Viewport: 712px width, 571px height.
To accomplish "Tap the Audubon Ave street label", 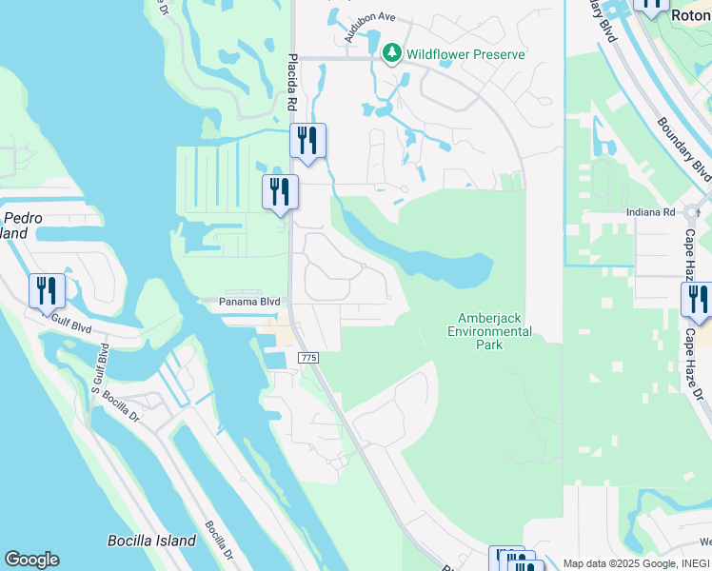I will (x=369, y=27).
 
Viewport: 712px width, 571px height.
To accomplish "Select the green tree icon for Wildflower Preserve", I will (x=391, y=54).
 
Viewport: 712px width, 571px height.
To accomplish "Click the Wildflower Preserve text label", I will (x=465, y=54).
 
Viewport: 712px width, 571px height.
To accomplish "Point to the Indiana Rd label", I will (x=650, y=212).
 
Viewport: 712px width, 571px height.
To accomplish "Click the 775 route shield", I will (x=307, y=357).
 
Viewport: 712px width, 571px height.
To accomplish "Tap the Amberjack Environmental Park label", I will (x=494, y=330).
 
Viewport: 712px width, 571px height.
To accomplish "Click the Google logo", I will (x=31, y=560).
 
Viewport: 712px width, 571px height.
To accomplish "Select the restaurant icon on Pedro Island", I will (x=47, y=290).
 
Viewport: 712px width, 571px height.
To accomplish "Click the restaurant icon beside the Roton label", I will (x=652, y=4).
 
